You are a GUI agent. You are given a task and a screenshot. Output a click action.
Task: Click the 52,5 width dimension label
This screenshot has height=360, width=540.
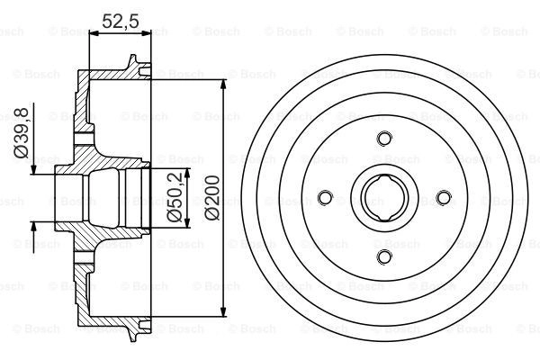[121, 21]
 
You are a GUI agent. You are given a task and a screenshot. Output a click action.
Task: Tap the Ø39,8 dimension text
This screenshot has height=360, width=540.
[21, 132]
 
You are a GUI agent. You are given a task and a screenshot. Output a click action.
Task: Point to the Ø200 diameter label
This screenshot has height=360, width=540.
[211, 198]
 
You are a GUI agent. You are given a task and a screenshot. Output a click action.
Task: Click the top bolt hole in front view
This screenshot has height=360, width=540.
[384, 139]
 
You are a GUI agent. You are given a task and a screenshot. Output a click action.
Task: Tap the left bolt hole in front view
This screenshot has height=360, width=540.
[325, 198]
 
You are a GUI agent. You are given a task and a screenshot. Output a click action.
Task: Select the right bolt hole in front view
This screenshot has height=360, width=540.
[444, 198]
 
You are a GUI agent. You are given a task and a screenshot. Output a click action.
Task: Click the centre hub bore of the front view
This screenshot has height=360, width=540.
[384, 198]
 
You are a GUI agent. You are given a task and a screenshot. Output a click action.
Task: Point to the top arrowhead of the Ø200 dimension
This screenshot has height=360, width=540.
[224, 85]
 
